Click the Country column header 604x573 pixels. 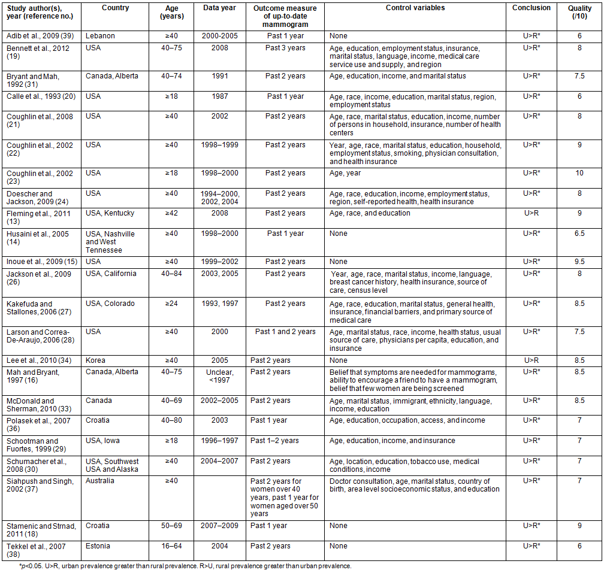click(116, 8)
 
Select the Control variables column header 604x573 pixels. click(415, 8)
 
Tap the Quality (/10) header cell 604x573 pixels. click(579, 12)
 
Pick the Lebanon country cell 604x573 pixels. click(100, 36)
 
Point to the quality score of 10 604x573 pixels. click(579, 173)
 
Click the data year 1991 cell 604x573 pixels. click(220, 76)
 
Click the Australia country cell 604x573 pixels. click(100, 481)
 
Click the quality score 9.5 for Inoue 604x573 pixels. click(579, 262)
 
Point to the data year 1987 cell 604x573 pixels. click(220, 96)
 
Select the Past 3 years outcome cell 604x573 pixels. click(285, 48)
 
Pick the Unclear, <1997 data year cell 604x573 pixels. click(220, 375)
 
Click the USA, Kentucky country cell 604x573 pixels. click(110, 213)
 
